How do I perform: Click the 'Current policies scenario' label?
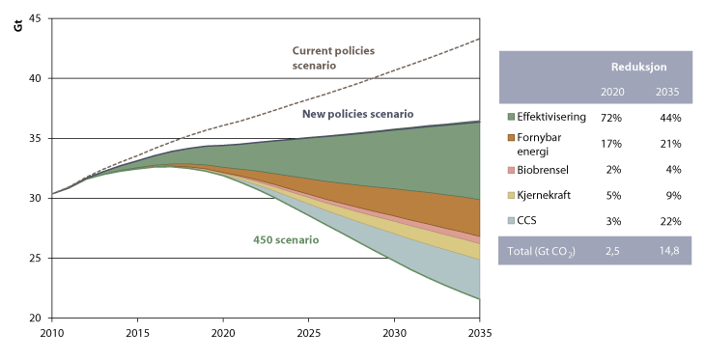(332, 58)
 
